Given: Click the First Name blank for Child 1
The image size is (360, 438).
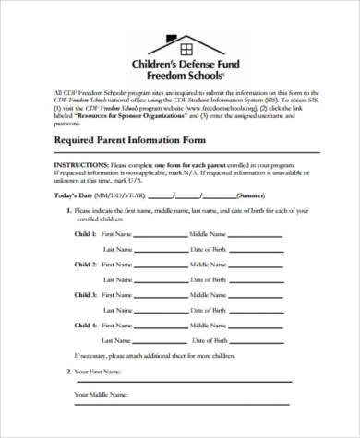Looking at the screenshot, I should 160,236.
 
